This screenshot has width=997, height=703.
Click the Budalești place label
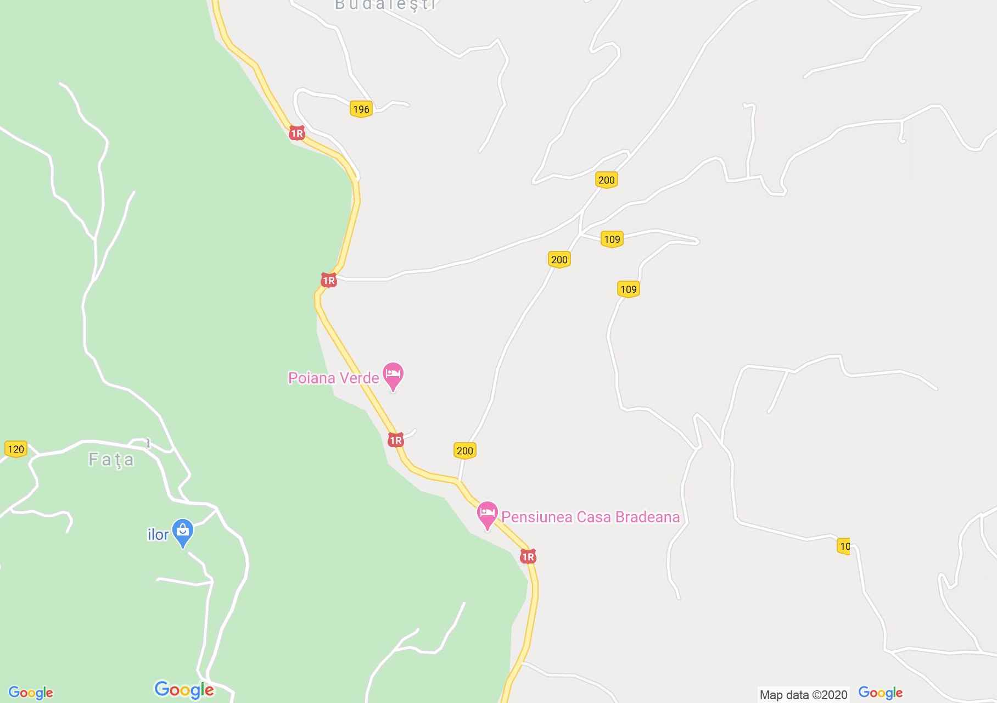[385, 5]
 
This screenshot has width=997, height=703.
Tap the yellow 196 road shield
[361, 109]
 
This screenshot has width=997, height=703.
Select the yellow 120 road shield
[15, 449]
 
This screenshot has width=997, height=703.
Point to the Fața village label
[111, 459]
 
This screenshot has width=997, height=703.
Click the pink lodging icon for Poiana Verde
[393, 375]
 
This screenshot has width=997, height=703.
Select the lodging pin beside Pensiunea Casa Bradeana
[487, 514]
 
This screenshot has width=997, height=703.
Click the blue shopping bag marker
[183, 532]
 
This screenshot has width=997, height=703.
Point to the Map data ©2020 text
[803, 695]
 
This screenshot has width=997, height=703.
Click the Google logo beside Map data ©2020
[880, 693]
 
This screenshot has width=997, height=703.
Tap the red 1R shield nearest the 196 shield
[296, 133]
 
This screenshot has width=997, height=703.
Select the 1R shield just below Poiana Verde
[395, 440]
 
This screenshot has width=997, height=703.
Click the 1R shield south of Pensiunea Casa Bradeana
[528, 557]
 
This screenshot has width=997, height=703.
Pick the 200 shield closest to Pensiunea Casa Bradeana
[464, 450]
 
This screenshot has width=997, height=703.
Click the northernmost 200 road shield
[606, 180]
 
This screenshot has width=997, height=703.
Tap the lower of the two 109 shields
[628, 289]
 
